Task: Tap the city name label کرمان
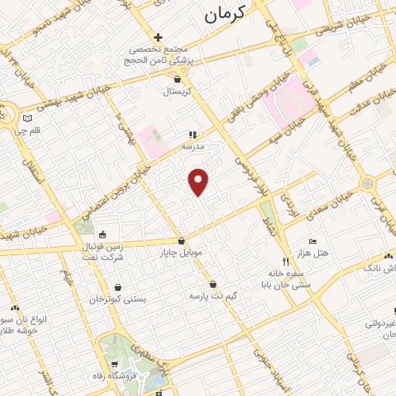click(225, 13)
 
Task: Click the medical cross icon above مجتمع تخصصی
click(159, 37)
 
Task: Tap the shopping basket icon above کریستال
click(179, 79)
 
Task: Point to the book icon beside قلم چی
click(28, 119)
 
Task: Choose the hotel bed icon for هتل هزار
click(312, 241)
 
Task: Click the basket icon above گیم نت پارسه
click(213, 284)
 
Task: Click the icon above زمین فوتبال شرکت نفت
click(103, 235)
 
